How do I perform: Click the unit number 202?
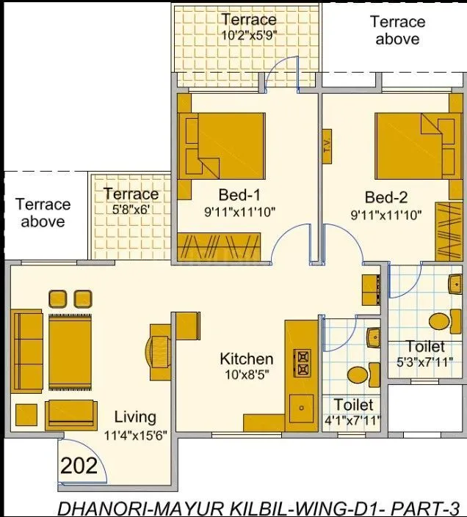pos(79,466)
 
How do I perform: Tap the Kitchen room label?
pos(247,359)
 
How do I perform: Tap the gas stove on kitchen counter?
pos(302,363)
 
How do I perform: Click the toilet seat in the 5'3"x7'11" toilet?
pos(439,322)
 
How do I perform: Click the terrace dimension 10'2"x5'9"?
pos(249,34)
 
